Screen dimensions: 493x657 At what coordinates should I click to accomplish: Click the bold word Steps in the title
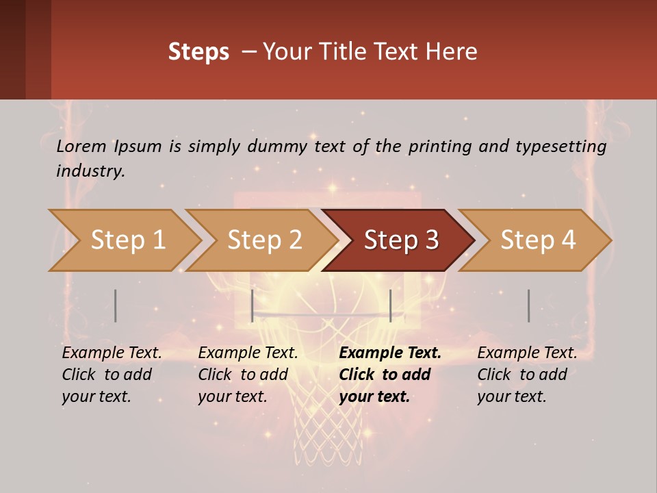pyautogui.click(x=198, y=52)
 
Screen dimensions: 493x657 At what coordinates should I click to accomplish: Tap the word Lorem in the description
pyautogui.click(x=81, y=147)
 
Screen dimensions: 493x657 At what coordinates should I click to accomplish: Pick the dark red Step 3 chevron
pyautogui.click(x=399, y=240)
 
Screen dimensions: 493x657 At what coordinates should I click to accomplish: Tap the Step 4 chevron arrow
pyautogui.click(x=536, y=240)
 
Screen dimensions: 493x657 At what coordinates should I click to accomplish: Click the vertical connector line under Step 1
pyautogui.click(x=116, y=305)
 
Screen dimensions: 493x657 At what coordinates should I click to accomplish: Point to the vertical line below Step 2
pyautogui.click(x=253, y=305)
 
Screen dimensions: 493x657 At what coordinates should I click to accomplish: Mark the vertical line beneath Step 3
pyautogui.click(x=390, y=305)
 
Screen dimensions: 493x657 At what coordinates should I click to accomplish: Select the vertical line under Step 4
pyautogui.click(x=528, y=305)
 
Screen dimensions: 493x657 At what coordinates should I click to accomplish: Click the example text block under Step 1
pyautogui.click(x=111, y=375)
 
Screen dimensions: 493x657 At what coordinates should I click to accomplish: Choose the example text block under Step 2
pyautogui.click(x=247, y=375)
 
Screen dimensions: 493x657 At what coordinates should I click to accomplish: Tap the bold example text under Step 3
pyautogui.click(x=389, y=375)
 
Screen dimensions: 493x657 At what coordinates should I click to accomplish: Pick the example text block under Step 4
pyautogui.click(x=526, y=375)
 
